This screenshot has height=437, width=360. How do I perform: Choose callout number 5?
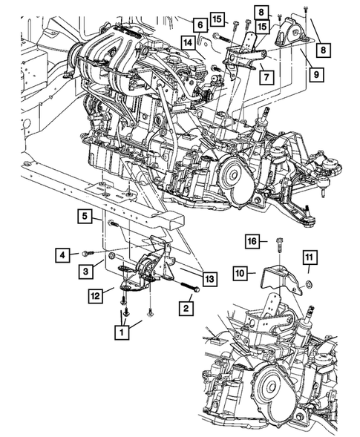(x=86, y=217)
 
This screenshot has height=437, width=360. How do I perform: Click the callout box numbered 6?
(x=200, y=25)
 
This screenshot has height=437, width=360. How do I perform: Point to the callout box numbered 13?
(x=210, y=279)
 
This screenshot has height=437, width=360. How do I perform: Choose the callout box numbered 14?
(x=190, y=44)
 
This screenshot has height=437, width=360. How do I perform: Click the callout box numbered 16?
(x=252, y=241)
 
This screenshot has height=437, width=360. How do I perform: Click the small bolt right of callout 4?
(x=88, y=254)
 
